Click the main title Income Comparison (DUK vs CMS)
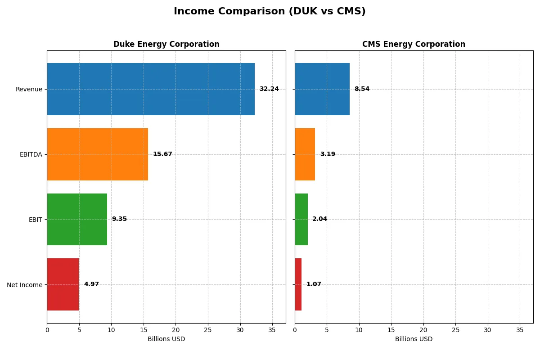[270, 12]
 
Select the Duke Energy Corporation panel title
[166, 44]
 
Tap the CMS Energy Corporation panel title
[414, 44]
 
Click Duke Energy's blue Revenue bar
[151, 89]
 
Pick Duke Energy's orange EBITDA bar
[97, 154]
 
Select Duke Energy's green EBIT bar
[77, 219]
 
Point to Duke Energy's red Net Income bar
[63, 284]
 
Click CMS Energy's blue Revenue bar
[322, 89]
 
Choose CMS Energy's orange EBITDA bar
[305, 154]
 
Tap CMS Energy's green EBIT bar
[301, 219]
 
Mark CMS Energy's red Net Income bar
[298, 284]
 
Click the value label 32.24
[269, 89]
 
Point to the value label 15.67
[162, 154]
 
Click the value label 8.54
[362, 89]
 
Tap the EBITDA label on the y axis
[31, 154]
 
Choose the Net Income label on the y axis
[25, 284]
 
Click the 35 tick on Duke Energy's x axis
[272, 329]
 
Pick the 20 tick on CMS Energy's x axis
[423, 329]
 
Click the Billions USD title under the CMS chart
[414, 339]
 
